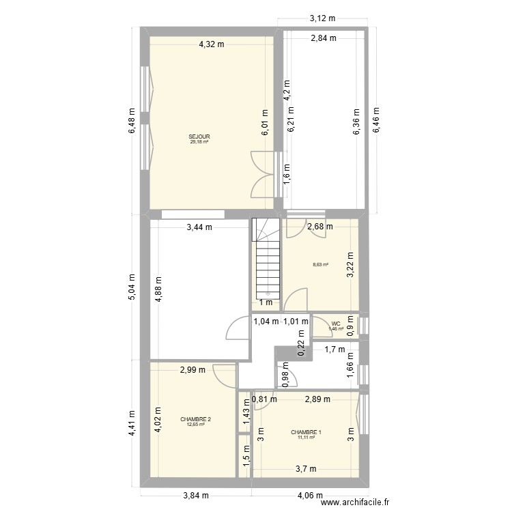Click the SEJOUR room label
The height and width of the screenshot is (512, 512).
click(x=199, y=137)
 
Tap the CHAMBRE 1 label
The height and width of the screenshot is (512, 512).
click(x=305, y=432)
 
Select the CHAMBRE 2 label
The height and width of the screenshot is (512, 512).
click(x=195, y=419)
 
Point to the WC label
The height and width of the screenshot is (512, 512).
click(x=335, y=324)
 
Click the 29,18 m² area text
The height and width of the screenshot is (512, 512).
click(x=199, y=142)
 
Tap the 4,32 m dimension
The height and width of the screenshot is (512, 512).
click(x=212, y=44)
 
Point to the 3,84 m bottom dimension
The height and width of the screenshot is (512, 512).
click(x=195, y=496)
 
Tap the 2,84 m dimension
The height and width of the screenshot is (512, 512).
click(x=324, y=38)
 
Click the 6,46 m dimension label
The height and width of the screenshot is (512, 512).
click(x=375, y=121)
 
